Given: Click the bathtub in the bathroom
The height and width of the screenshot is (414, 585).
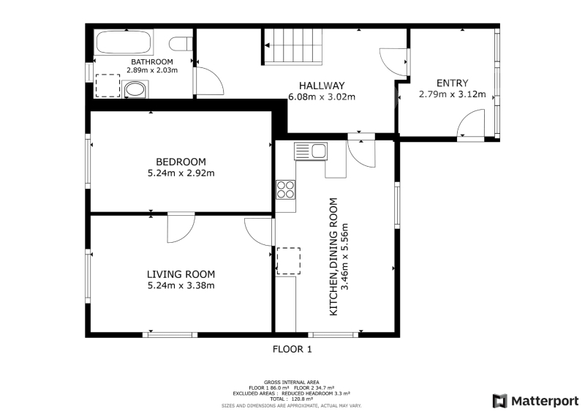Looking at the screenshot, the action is (124, 42).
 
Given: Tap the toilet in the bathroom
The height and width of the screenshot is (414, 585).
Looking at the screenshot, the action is (181, 44).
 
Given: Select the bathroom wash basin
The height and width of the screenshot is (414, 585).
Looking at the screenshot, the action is (135, 89).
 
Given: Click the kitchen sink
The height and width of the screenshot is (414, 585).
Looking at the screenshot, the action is (310, 151).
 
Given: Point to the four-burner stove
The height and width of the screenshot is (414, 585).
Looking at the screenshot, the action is (285, 189).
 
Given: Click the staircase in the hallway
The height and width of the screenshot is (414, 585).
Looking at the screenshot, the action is (293, 46).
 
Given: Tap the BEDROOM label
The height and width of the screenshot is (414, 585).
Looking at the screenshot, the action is (181, 162).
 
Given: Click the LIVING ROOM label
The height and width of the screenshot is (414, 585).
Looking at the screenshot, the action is (181, 274).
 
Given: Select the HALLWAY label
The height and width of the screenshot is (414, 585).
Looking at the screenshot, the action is (322, 86).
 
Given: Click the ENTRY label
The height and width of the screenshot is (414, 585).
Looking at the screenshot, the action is (452, 83).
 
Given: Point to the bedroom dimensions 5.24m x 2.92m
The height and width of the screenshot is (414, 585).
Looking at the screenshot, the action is (181, 173).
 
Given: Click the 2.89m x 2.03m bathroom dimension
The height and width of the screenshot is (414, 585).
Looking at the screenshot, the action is (152, 69).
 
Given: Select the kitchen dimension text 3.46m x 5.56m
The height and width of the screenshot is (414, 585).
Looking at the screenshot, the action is (345, 257).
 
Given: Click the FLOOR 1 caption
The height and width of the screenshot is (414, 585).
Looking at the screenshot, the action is (292, 349).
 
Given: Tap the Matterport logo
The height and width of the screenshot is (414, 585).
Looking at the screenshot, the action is (535, 401).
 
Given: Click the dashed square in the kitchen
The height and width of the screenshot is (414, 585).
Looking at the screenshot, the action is (288, 261).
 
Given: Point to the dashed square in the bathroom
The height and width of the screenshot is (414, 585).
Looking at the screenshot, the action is (107, 86).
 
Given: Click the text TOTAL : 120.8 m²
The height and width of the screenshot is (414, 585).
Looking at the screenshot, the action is (291, 399).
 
